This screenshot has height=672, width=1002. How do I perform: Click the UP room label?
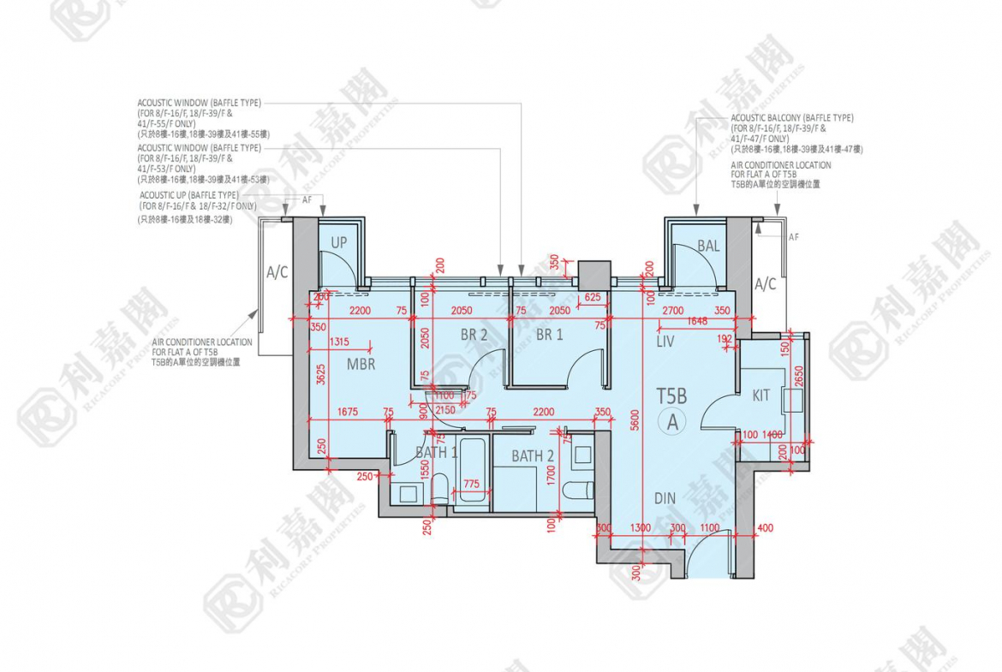(339, 243)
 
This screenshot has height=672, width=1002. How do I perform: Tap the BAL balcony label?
(708, 247)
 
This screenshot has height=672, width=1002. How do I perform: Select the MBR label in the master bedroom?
(361, 364)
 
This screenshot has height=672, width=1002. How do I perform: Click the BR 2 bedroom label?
(473, 336)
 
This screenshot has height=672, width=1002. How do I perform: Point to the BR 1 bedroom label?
(549, 336)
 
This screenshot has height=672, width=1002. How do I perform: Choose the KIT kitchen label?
(760, 395)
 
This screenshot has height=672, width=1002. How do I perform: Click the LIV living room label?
(665, 342)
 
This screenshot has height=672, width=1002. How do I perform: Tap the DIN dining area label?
(665, 498)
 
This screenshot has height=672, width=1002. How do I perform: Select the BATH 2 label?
(533, 457)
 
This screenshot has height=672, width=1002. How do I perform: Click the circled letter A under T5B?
(673, 421)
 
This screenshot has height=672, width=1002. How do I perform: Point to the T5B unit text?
(672, 396)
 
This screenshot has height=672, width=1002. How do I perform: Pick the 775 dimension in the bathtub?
(471, 485)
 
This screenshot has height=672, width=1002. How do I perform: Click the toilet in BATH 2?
(582, 491)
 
